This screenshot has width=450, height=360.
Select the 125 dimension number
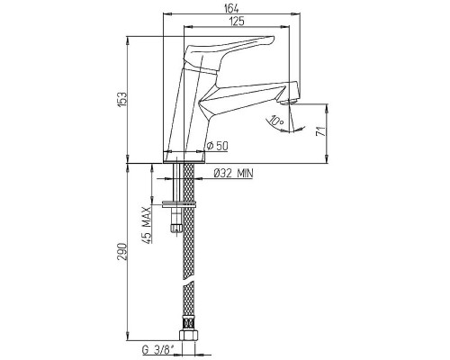(237, 22)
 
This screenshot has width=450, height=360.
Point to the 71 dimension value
(321, 131)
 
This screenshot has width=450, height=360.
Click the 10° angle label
(276, 121)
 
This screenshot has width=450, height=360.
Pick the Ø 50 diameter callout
(218, 146)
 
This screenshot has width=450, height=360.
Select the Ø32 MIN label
(233, 173)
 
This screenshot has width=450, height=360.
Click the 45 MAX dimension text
(147, 225)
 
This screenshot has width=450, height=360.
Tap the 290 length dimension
(122, 251)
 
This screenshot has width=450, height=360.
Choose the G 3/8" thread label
(158, 349)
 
